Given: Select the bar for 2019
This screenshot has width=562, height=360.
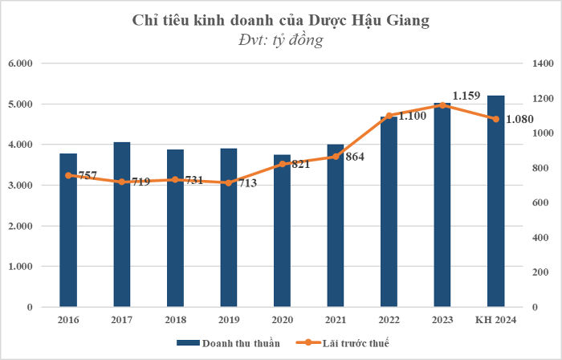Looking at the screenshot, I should [x=229, y=241].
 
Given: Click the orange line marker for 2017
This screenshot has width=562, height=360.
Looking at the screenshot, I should [x=122, y=182].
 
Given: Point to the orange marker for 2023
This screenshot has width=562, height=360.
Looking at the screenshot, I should [x=442, y=105].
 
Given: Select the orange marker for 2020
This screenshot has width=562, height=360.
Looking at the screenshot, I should [x=283, y=164].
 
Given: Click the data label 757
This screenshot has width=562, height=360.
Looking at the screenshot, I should [x=87, y=175].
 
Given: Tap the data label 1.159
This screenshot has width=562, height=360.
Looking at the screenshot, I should [x=466, y=96].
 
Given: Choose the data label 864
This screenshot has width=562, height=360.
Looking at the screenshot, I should [x=354, y=157].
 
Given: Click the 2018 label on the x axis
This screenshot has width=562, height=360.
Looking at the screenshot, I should [x=175, y=320].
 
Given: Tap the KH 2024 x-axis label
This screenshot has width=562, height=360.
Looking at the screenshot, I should [x=496, y=320].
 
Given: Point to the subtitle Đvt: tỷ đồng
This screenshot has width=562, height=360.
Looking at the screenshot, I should [x=281, y=40].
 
